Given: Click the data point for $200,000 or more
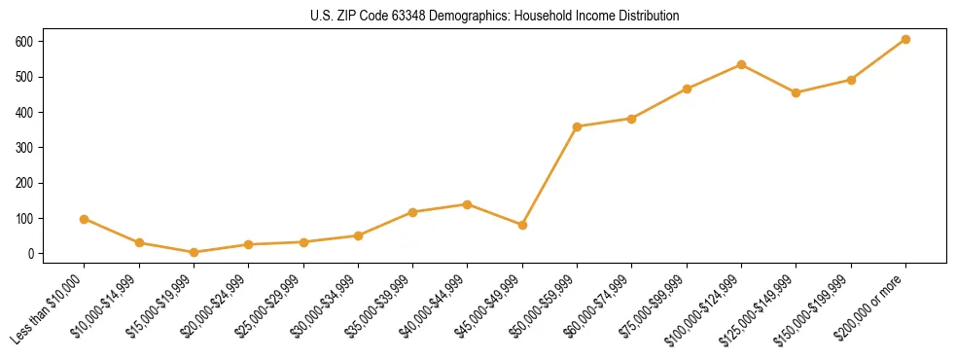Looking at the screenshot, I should pyautogui.click(x=905, y=39).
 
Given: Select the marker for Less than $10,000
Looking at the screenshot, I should pyautogui.click(x=85, y=219).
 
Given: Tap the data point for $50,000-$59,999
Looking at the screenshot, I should pyautogui.click(x=578, y=126).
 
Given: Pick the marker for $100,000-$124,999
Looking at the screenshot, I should pyautogui.click(x=741, y=64).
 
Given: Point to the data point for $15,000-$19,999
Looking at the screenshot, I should pyautogui.click(x=195, y=252).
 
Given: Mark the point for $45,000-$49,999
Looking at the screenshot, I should pyautogui.click(x=522, y=225).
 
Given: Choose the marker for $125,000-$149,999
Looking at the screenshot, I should pyautogui.click(x=797, y=92).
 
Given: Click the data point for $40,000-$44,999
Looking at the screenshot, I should pyautogui.click(x=468, y=204).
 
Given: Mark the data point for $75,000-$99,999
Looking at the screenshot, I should pyautogui.click(x=687, y=89).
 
